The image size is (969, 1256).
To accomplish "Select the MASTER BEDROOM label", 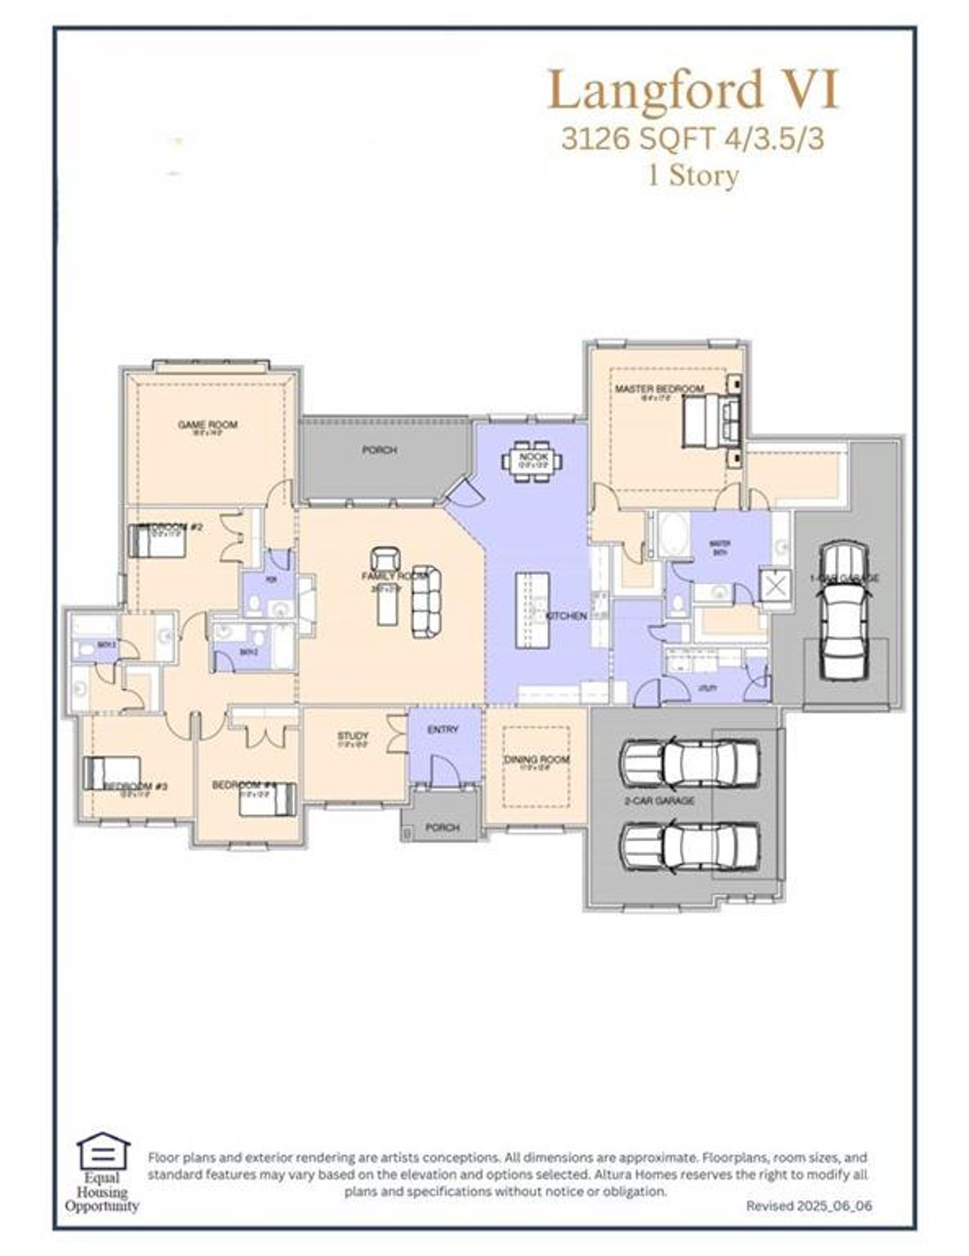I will tap(659, 389).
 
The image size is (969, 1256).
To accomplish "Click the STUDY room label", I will tap(353, 736).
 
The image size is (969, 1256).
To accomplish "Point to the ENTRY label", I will tap(443, 730).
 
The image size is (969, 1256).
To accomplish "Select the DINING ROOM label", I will tap(537, 760).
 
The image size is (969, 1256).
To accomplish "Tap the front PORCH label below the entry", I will tap(442, 827).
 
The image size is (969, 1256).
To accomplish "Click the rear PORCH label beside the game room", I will tap(379, 450).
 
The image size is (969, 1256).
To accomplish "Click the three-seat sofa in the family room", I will tap(426, 601).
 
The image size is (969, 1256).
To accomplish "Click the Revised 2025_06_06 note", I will tap(809, 1205).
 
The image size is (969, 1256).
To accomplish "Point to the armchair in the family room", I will tap(387, 559).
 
